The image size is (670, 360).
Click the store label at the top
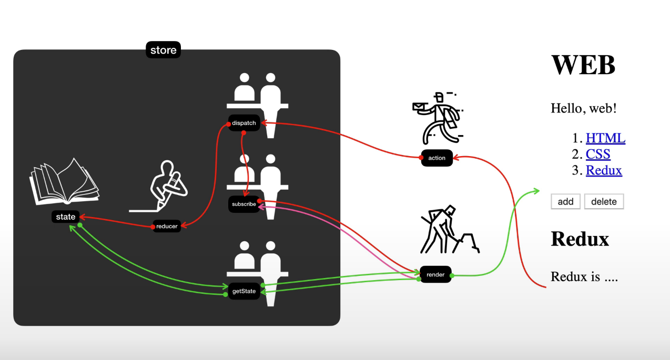coord(163,50)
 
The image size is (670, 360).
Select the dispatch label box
coord(244,123)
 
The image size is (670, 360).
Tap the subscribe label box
coord(244,204)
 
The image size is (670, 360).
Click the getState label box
coord(244,291)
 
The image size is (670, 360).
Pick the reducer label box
coord(167,226)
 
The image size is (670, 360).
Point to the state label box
coord(66,217)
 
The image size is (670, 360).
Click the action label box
coord(436,158)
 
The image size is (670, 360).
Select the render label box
coord(435,274)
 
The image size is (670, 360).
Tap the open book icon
coord(64,182)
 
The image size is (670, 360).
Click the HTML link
coord(605,138)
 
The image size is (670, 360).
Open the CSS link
coord(598,155)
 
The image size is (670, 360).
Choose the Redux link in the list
coord(604,170)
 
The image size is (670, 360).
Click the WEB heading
coord(583,65)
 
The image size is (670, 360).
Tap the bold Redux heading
coord(580,239)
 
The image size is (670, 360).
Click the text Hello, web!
coord(583,108)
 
